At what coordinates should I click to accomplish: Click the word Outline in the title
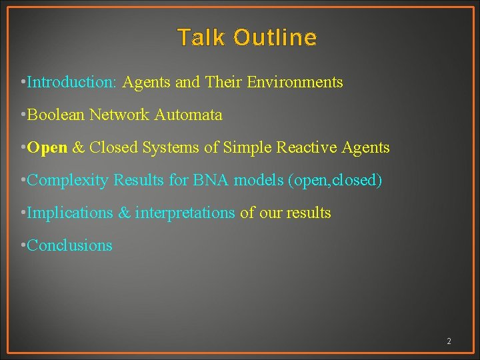point(275,37)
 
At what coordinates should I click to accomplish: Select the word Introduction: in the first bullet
point(72,83)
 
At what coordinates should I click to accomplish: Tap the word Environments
point(295,83)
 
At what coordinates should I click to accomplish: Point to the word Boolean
point(56,115)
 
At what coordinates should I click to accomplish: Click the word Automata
point(188,115)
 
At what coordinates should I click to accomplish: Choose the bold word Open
point(47,148)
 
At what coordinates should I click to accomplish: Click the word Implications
point(70,213)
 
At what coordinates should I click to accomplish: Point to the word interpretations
point(185,213)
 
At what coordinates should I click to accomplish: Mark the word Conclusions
point(69,246)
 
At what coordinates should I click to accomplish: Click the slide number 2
point(449,341)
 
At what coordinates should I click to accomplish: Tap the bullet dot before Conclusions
point(23,246)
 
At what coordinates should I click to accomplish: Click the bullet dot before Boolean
point(23,115)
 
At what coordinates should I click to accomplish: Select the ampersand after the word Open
point(78,148)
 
